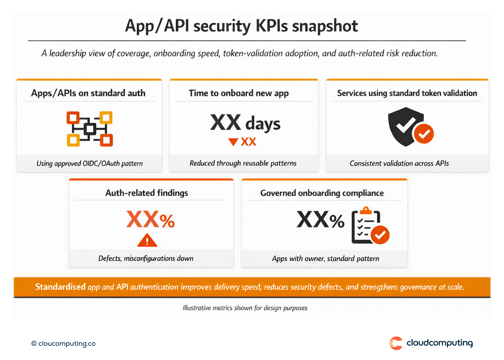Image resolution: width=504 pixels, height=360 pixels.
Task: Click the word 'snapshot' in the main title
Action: tap(325, 26)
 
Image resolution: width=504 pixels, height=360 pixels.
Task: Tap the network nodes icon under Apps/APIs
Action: tap(90, 129)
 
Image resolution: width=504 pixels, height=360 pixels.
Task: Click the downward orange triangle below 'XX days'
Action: tap(233, 142)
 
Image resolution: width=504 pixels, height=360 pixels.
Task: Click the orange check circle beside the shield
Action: tap(424, 133)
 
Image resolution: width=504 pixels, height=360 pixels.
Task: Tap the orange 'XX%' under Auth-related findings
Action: tap(151, 220)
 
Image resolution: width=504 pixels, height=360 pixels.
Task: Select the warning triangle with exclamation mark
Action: tap(147, 241)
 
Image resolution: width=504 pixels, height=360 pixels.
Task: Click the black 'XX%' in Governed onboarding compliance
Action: tap(320, 220)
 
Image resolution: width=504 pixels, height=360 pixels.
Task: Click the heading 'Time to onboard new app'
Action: tap(239, 93)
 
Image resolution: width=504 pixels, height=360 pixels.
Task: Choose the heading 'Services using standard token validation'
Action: tap(407, 93)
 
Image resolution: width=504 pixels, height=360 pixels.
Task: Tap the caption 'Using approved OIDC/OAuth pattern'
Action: tap(90, 163)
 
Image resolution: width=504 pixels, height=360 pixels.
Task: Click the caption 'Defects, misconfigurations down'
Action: tap(146, 258)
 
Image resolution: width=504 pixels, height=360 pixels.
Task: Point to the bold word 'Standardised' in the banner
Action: tap(60, 287)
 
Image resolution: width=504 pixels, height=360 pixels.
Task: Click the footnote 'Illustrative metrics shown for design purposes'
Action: tap(245, 308)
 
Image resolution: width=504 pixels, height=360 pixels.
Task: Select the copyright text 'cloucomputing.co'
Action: tap(67, 343)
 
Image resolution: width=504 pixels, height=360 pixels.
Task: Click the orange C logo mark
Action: tap(396, 343)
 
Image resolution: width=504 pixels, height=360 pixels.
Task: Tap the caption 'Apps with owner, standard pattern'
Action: tap(326, 259)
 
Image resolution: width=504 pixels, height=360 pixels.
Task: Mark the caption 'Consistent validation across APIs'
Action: tap(399, 163)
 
